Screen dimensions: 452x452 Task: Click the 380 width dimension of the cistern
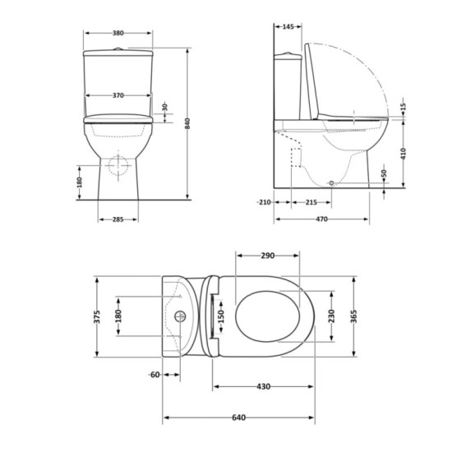tap(118, 34)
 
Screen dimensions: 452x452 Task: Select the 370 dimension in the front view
tap(118, 96)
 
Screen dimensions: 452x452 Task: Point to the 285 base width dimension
tap(118, 219)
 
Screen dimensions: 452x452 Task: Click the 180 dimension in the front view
tap(80, 181)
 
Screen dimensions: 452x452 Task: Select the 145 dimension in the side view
tap(288, 27)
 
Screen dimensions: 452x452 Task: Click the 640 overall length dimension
tap(238, 418)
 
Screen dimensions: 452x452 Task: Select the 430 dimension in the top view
tap(263, 386)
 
